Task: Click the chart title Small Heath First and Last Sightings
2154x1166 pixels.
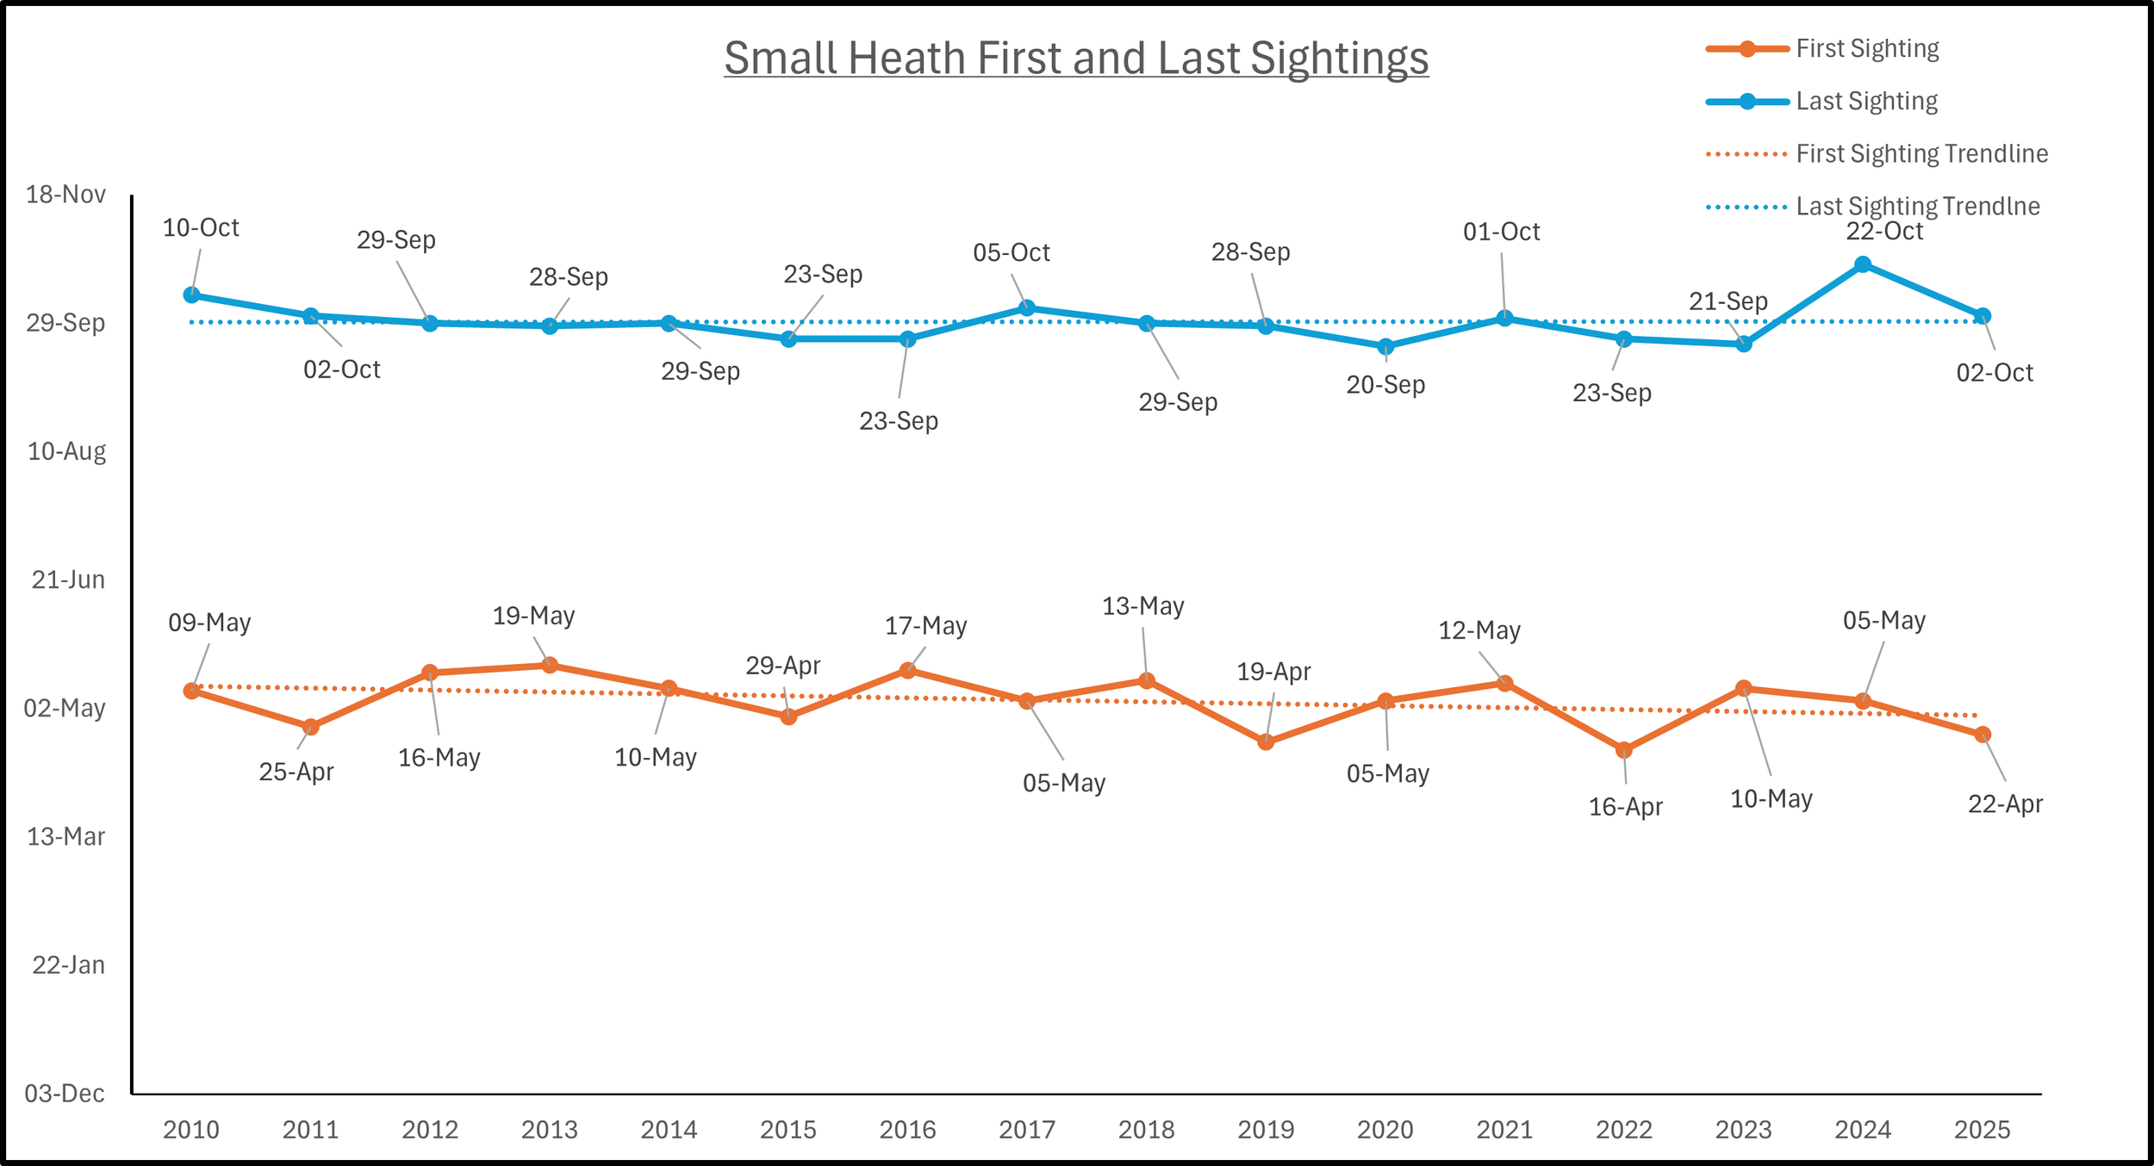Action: pyautogui.click(x=1076, y=58)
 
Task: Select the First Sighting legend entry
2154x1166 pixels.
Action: pyautogui.click(x=1867, y=49)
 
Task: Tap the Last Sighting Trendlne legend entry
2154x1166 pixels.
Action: pyautogui.click(x=1917, y=207)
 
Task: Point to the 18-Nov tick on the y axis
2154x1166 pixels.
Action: pyautogui.click(x=66, y=195)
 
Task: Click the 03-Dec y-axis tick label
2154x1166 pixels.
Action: pyautogui.click(x=65, y=1094)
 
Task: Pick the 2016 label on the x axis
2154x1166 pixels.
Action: pyautogui.click(x=907, y=1130)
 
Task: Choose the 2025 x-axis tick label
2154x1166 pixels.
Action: pyautogui.click(x=1982, y=1130)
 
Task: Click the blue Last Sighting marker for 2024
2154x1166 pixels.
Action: pyautogui.click(x=1863, y=264)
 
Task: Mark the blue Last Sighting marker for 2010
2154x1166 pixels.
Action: pyautogui.click(x=192, y=295)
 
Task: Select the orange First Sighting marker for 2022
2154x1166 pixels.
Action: pyautogui.click(x=1624, y=750)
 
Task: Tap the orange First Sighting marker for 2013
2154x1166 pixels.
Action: pyautogui.click(x=550, y=665)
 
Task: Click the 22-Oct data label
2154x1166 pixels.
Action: pyautogui.click(x=1884, y=232)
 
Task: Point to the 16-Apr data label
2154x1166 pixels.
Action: pyautogui.click(x=1625, y=807)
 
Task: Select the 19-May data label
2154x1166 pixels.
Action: pyautogui.click(x=533, y=616)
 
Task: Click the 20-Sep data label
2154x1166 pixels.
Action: pyautogui.click(x=1385, y=385)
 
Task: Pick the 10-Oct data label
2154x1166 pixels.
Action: pyautogui.click(x=201, y=228)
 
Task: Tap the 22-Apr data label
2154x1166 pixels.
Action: pyautogui.click(x=2005, y=804)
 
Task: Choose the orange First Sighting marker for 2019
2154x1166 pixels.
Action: pyautogui.click(x=1266, y=741)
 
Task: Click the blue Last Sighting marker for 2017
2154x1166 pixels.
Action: pyautogui.click(x=1027, y=308)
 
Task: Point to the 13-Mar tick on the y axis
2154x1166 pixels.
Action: pyautogui.click(x=66, y=837)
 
